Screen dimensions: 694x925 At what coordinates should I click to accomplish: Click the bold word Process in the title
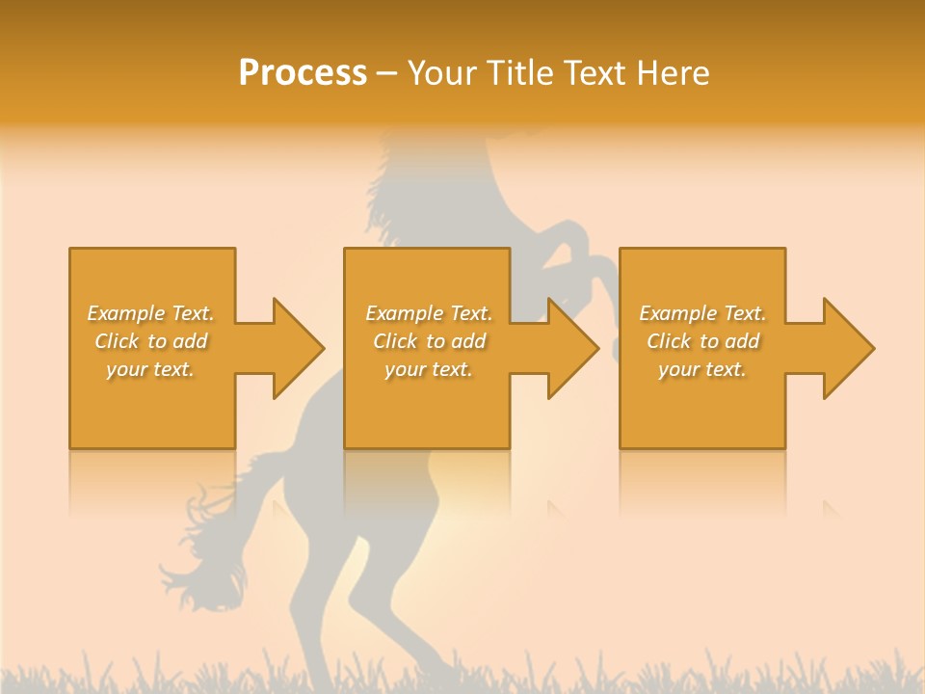(303, 73)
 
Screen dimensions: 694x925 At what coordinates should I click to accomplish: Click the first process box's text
(150, 341)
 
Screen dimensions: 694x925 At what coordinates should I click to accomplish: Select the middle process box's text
(429, 341)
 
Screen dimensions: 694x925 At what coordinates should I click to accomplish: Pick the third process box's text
(702, 341)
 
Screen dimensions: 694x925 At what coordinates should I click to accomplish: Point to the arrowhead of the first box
(298, 348)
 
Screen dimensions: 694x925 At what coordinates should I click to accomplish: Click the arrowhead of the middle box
(572, 348)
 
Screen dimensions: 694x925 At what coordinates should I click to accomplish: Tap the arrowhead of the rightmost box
(847, 348)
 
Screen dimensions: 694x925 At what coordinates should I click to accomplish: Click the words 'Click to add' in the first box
(150, 341)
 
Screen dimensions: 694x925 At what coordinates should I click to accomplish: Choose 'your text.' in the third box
(702, 369)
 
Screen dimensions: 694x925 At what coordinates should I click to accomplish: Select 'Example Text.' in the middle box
(429, 313)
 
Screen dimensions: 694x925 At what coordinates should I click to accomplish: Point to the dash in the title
(387, 74)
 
